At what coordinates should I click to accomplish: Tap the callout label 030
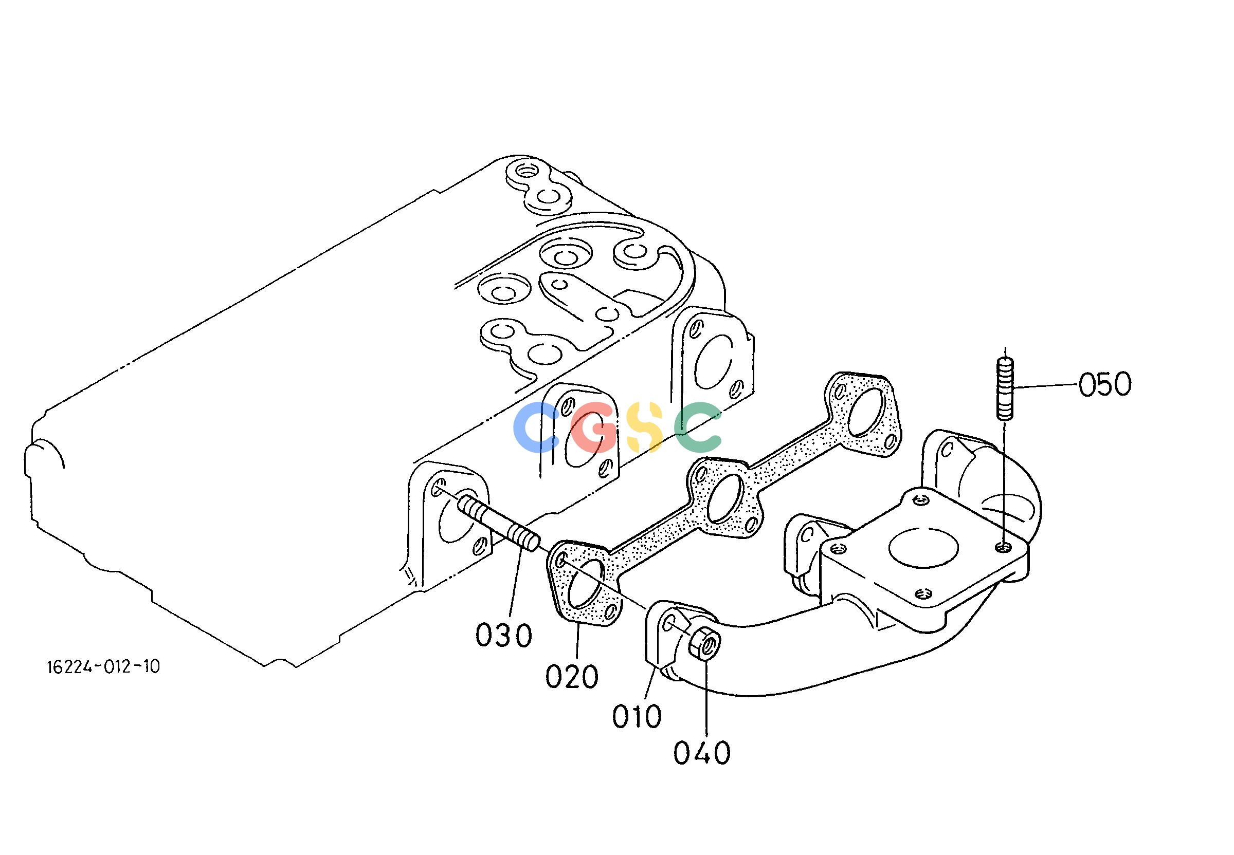(x=504, y=635)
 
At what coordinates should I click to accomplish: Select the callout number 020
(x=572, y=677)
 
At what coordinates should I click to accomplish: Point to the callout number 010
(x=637, y=716)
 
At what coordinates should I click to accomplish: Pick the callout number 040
(x=702, y=753)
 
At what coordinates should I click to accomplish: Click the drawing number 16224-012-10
(x=103, y=667)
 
